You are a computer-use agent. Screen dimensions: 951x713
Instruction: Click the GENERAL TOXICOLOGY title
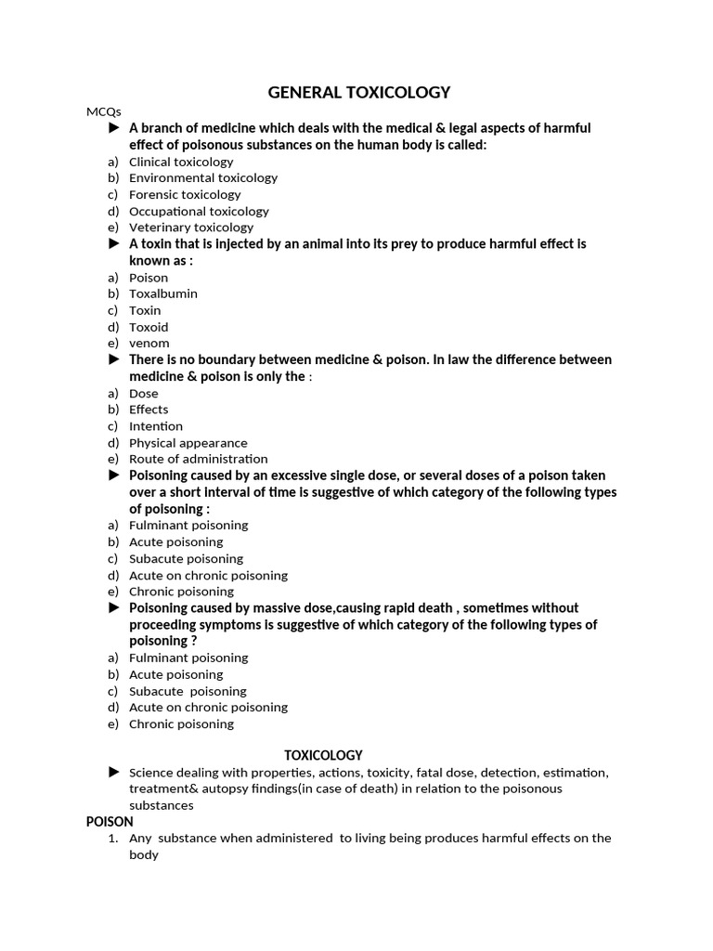pos(358,92)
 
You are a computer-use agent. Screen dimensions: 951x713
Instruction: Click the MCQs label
pos(104,111)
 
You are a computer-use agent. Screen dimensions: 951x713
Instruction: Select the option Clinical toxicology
pos(181,162)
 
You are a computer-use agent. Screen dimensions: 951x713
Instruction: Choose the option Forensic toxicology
pos(185,194)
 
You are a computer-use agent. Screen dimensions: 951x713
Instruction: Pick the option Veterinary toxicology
pos(191,227)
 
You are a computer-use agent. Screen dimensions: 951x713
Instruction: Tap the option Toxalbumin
pos(163,293)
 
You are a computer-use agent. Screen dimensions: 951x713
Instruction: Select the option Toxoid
pos(149,327)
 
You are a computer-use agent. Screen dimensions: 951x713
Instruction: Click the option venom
pos(149,343)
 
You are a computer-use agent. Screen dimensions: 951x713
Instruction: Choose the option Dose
pos(144,393)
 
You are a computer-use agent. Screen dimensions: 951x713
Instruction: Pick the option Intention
pos(156,426)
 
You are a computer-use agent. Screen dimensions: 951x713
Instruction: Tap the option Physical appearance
pos(188,443)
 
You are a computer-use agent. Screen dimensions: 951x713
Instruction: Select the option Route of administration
pos(199,459)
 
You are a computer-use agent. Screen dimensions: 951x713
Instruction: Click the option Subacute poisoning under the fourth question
pos(186,558)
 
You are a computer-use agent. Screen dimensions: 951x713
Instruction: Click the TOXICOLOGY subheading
pos(323,755)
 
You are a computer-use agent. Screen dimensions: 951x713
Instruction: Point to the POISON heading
pos(110,821)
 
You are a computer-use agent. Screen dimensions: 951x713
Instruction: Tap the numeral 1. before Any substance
pos(113,838)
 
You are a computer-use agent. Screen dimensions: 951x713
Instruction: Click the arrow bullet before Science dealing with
pos(114,772)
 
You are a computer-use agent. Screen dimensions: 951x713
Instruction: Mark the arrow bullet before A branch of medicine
pos(114,127)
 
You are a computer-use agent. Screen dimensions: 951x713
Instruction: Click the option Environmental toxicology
pos(203,177)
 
